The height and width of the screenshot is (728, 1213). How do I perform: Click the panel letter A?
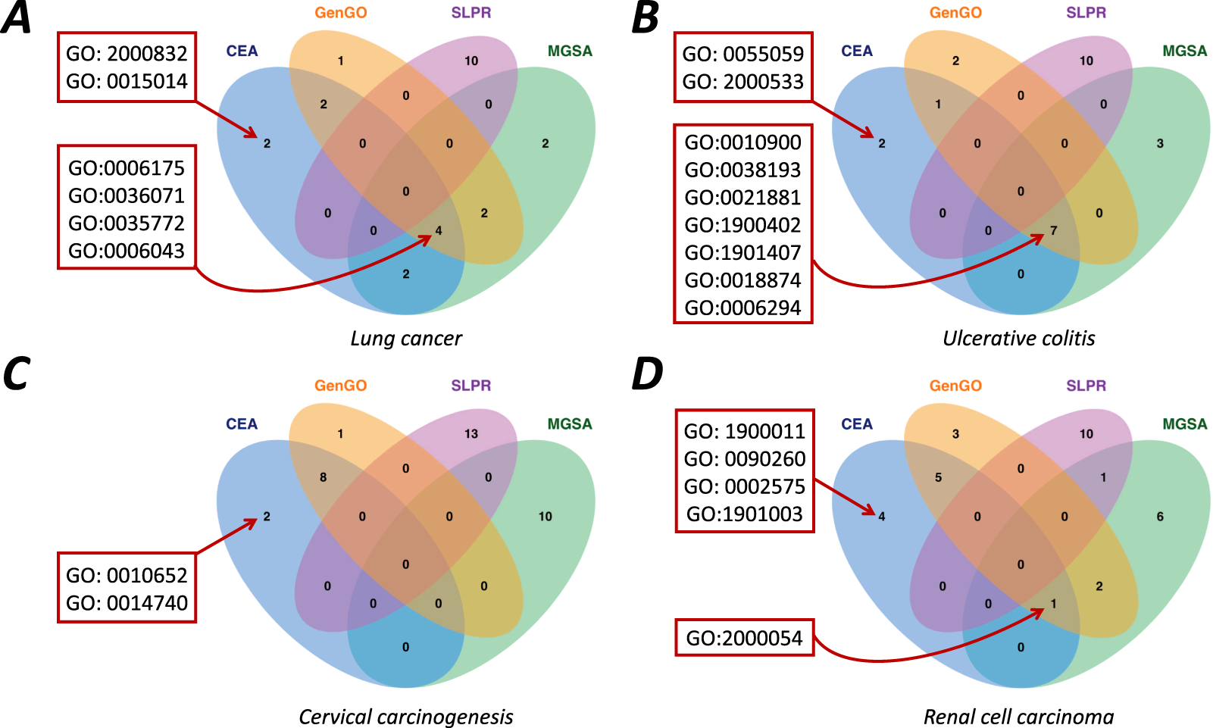[17, 18]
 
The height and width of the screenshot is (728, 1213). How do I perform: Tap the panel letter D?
[648, 373]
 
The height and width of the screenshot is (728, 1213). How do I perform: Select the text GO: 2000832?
[127, 54]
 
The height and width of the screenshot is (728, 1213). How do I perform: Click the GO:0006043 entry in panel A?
[127, 251]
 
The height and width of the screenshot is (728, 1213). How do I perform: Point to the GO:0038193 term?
[742, 170]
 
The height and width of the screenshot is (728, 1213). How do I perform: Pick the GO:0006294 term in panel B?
[742, 308]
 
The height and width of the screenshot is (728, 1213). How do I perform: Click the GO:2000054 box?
[744, 638]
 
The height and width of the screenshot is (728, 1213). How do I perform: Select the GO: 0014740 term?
[127, 603]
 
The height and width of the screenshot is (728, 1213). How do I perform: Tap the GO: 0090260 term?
[744, 459]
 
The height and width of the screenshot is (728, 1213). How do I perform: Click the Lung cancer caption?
[406, 339]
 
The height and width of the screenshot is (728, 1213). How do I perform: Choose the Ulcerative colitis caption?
[1019, 339]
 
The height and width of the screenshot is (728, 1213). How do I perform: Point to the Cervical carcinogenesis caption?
[406, 717]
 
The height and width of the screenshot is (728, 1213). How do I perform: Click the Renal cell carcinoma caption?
[1019, 717]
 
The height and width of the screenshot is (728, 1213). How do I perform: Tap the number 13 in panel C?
[471, 434]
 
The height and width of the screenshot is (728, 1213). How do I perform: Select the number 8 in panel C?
[324, 477]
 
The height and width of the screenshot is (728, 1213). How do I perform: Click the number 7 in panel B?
[1053, 230]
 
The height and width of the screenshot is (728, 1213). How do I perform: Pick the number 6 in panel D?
[1160, 517]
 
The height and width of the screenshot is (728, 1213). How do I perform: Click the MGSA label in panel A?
[570, 51]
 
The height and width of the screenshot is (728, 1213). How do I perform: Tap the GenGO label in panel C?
[341, 386]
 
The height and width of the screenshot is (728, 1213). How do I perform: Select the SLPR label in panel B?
[1086, 13]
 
